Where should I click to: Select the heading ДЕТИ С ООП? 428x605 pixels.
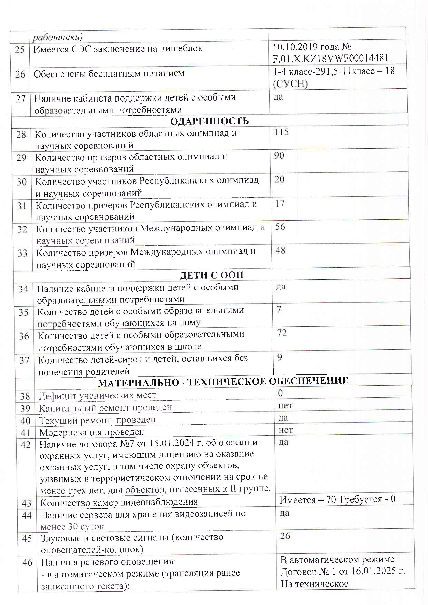pos(211,275)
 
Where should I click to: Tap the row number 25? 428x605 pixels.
pos(20,49)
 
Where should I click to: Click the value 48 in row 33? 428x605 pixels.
pos(280,250)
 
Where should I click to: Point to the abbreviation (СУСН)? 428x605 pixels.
pos(290,84)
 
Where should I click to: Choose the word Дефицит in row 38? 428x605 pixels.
pos(55,395)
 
